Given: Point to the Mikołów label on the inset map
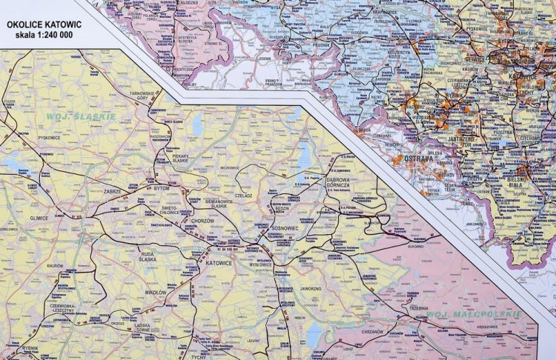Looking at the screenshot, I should tap(156, 293).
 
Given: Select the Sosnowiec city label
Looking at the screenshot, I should tap(282, 228).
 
